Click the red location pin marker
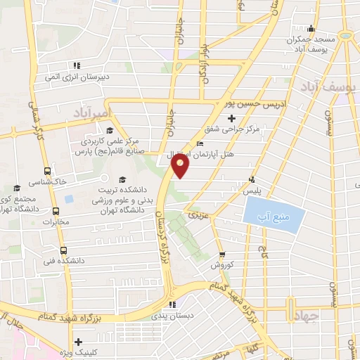(x=181, y=167)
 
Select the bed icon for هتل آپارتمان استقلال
(x=202, y=143)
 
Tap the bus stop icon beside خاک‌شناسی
(x=47, y=170)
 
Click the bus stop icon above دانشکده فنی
(x=63, y=250)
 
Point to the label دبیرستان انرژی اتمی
(x=76, y=76)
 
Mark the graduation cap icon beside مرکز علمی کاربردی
(x=109, y=130)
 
